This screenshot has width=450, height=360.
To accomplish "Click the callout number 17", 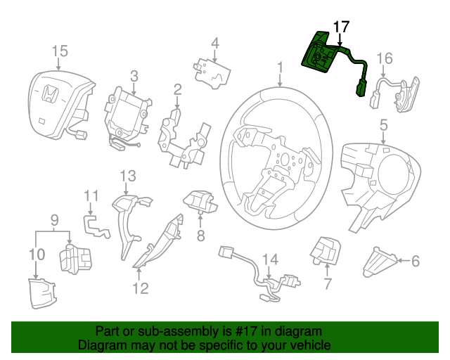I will (x=340, y=27).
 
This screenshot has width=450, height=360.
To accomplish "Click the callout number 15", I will (x=60, y=51).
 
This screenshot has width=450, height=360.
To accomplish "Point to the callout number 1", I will (x=280, y=67).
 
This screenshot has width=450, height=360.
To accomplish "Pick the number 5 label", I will (x=384, y=125).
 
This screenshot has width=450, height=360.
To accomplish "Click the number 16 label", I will (x=385, y=58).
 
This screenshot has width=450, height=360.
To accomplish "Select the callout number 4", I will (x=215, y=42).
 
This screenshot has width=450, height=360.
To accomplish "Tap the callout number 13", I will (x=127, y=175).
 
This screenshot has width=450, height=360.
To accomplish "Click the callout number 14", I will (x=269, y=260).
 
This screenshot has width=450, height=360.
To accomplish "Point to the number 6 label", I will (x=415, y=262).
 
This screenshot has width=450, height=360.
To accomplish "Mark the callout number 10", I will (x=37, y=253).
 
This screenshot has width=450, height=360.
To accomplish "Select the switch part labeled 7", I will (x=326, y=250).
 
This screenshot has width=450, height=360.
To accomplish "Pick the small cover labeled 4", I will (x=212, y=69).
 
